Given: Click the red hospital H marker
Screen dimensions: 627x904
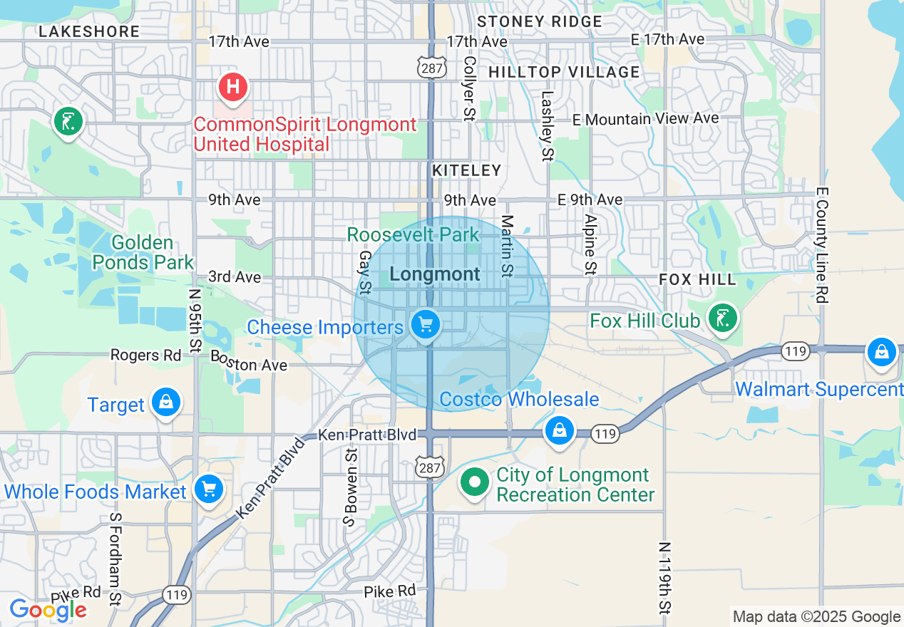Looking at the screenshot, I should point(232,88).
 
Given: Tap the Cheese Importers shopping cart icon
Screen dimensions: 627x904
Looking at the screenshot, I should point(426,326).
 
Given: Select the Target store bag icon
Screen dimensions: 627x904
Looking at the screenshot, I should point(166,403).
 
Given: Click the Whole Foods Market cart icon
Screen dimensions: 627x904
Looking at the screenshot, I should point(209,489).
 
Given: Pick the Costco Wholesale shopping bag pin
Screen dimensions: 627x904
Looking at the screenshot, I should point(560,430).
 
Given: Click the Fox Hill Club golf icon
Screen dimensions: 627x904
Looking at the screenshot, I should point(722,318).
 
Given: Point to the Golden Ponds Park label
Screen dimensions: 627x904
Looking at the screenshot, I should point(143,253).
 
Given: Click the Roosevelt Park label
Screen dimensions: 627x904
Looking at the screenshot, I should point(413,234).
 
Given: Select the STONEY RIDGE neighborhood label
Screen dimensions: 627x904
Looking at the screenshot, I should point(540,21).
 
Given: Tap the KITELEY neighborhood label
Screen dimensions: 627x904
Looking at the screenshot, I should point(467,170).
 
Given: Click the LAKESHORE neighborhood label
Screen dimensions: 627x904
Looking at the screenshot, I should point(89,31).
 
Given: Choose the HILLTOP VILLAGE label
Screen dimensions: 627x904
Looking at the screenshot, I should point(564,72).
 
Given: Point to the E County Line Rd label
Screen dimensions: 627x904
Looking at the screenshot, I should point(822,246).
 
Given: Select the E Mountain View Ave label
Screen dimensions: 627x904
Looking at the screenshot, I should point(645,119).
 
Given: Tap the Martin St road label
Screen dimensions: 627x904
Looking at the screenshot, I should point(508,246).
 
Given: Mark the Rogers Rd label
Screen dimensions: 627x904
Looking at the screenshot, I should point(145,355).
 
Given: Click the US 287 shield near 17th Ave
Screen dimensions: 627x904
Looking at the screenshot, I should point(433,68).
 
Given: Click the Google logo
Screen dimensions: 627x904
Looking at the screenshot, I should point(48,610).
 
